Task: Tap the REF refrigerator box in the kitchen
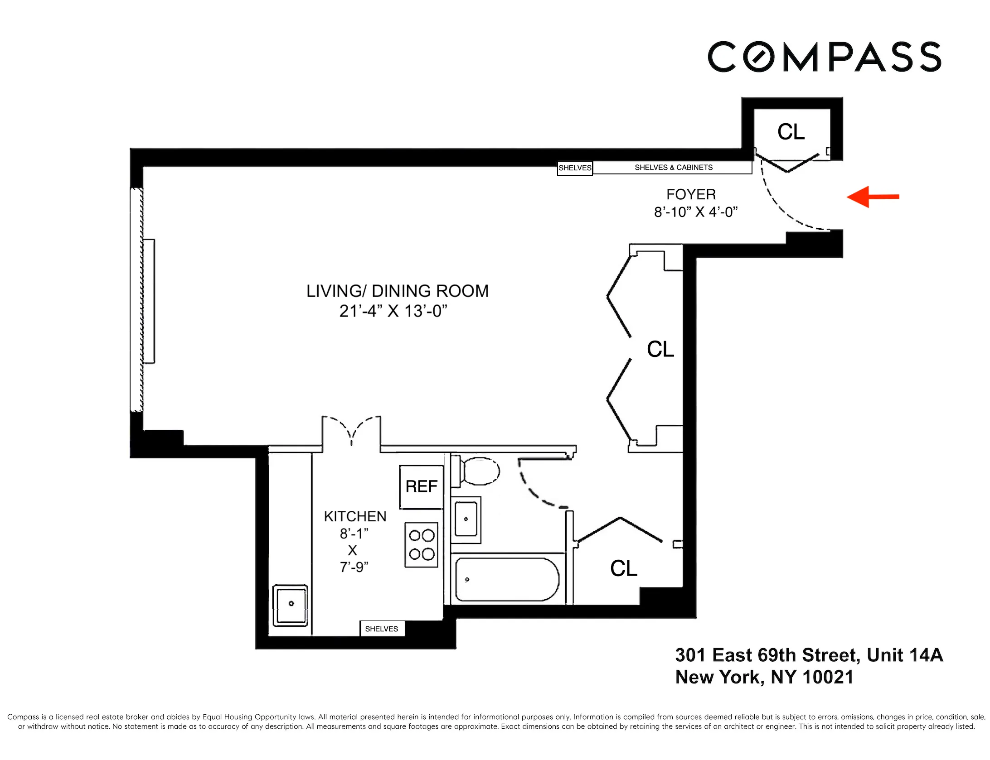421,487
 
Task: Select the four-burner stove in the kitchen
422,545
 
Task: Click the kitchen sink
291,605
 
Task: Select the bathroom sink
466,519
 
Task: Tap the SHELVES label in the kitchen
382,629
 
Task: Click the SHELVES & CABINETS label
673,168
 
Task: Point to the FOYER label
691,195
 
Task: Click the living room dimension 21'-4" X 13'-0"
393,312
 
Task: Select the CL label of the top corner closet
791,132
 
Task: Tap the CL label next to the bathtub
624,568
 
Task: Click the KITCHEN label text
355,517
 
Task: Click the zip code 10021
828,678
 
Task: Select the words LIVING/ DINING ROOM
398,291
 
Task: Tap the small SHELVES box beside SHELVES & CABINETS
575,168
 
